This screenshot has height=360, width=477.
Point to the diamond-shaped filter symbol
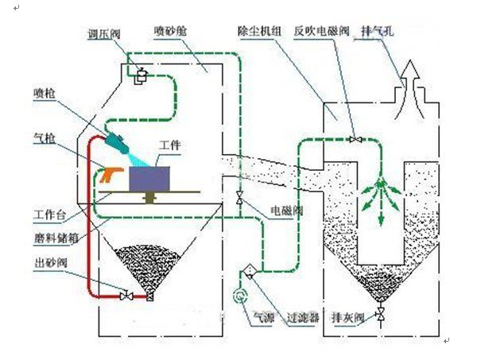[246, 271]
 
